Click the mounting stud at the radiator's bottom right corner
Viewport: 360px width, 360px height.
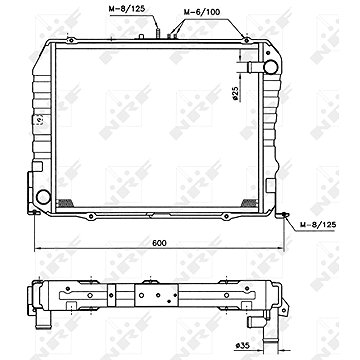click(286, 214)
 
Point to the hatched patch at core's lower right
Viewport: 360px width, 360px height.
click(261, 203)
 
